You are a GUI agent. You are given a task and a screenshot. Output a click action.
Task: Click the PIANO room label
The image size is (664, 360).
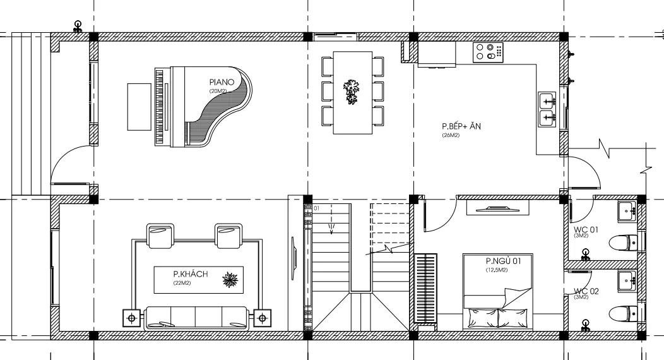coord(222,81)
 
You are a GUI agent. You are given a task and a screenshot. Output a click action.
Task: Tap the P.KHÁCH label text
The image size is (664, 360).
coord(191,274)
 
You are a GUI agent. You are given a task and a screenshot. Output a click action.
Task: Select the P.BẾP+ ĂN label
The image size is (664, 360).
coord(461,126)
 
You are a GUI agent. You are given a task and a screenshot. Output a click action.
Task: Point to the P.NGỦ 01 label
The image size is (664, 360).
coord(503,261)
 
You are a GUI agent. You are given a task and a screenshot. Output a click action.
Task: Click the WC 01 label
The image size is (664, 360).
coord(586,229)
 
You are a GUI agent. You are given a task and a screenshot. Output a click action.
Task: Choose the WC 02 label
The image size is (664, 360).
coord(586,291)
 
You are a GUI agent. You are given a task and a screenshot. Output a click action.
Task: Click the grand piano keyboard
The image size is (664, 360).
coord(159,107)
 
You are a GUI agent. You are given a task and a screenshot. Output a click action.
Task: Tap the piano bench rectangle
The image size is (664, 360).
coord(139,107)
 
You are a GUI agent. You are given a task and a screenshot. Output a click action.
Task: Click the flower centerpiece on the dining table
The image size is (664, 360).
coord(351,92)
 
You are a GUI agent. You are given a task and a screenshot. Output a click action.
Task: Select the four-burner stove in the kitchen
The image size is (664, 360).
coord(489,51)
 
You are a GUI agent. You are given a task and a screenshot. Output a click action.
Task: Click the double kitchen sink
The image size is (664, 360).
coord(547,109)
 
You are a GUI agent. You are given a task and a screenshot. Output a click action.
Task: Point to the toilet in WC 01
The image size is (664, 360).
coord(622,243)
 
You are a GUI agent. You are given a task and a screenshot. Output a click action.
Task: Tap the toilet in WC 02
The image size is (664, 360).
coord(622,314)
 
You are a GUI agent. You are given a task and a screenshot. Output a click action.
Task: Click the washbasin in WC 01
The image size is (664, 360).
coord(627,211)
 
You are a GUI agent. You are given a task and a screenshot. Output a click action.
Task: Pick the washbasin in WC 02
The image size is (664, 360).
coord(627,281)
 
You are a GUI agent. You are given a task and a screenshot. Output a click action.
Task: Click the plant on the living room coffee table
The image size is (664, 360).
coord(231,280)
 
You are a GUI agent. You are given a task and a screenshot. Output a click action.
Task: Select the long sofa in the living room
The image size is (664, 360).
coord(196,318)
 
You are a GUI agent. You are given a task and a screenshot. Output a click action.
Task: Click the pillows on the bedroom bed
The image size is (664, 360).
coord(497,318)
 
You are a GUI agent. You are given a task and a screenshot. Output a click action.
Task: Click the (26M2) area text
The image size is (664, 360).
coord(451,136)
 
